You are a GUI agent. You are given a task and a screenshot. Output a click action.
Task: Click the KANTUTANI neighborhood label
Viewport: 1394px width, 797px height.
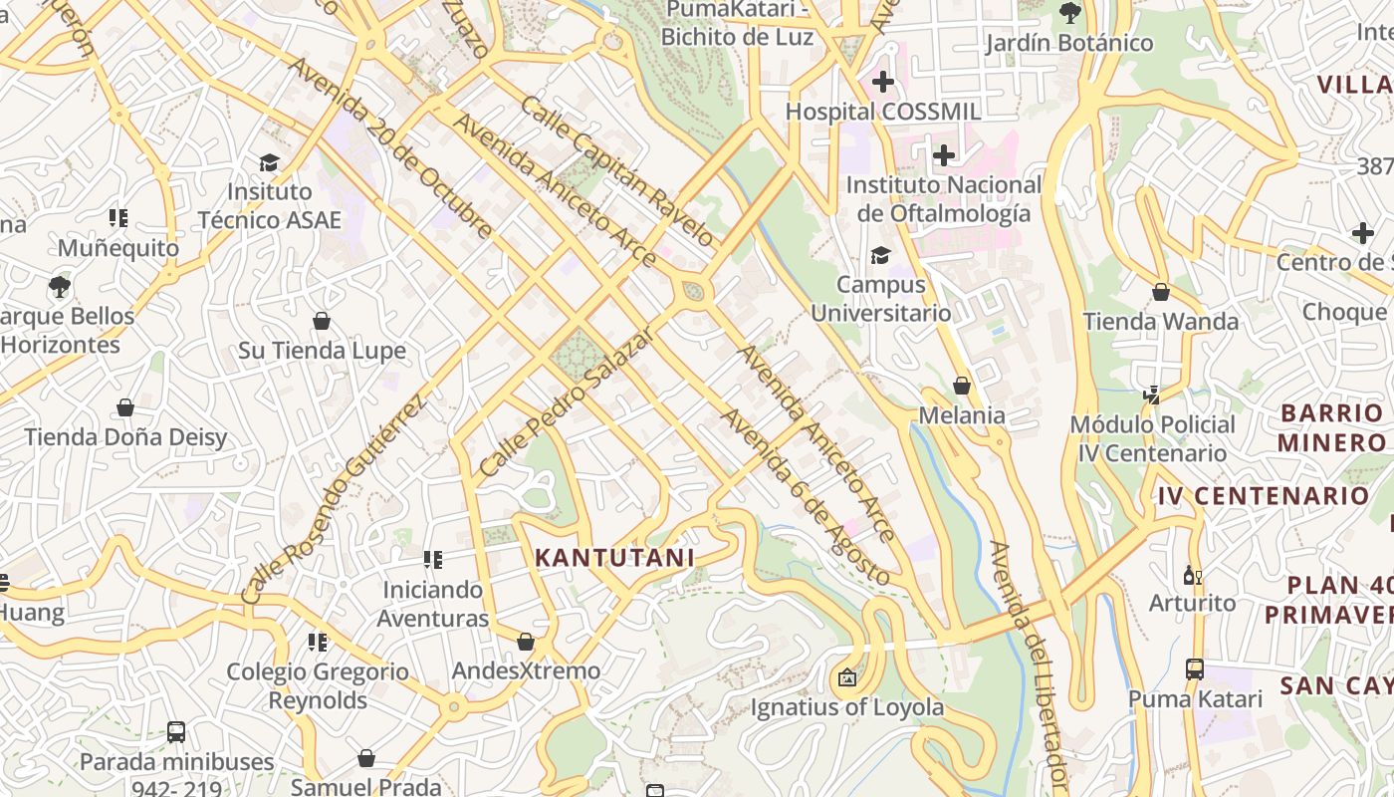(614, 558)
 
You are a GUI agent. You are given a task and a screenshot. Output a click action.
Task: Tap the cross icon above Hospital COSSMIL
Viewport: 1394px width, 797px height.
(882, 82)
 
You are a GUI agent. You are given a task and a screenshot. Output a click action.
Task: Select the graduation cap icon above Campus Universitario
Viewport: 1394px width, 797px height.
(880, 256)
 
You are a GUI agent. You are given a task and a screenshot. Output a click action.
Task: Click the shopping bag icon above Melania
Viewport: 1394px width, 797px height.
(962, 386)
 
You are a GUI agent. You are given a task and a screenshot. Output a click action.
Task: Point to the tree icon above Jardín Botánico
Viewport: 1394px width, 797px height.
(1070, 14)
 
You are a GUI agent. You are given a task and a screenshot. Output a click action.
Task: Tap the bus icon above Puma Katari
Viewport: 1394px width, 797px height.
(1195, 669)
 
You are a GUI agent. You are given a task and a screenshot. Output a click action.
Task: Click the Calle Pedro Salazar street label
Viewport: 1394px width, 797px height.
(565, 400)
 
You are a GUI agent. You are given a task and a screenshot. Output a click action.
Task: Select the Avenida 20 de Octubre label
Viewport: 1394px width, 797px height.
(390, 147)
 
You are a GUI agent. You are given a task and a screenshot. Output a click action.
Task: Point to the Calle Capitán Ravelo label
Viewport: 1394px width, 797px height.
(617, 171)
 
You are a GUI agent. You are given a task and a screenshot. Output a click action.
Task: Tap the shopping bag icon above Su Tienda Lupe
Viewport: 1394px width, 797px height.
(322, 321)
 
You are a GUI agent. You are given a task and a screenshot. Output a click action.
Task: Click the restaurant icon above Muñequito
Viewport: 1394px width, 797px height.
(118, 217)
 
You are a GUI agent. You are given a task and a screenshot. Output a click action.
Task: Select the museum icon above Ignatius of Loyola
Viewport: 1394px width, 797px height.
(846, 678)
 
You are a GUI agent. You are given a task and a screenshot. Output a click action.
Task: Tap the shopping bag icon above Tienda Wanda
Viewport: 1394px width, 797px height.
(1161, 293)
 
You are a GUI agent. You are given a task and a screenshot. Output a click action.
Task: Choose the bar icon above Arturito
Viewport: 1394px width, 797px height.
(1192, 575)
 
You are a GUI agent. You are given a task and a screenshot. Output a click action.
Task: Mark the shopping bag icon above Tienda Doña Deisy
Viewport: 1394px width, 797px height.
(125, 407)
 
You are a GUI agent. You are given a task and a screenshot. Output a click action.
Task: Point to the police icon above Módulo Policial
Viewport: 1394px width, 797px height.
(1152, 396)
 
